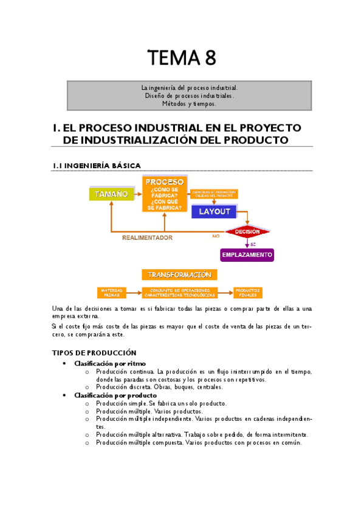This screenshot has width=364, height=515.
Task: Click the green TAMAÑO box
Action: (110, 194)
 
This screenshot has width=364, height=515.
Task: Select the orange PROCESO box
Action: (165, 194)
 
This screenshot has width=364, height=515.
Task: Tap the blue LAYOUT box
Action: (215, 211)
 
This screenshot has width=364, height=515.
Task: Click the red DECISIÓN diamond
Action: (247, 232)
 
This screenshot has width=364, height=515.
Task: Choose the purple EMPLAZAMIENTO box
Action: (247, 254)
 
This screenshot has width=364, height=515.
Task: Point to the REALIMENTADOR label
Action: (147, 237)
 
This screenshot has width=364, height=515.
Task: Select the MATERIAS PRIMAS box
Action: (112, 292)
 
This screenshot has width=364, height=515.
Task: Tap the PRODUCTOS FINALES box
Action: (247, 292)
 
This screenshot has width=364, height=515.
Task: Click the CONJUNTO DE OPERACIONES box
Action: (180, 292)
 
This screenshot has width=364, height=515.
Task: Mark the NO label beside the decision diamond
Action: (215, 236)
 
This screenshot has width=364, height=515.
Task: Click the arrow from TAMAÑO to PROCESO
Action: (137, 194)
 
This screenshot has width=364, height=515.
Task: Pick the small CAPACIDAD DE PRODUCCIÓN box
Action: (214, 194)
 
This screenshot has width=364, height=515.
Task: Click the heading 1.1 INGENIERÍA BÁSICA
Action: (97, 165)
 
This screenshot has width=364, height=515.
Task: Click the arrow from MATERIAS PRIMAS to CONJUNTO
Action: (134, 292)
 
